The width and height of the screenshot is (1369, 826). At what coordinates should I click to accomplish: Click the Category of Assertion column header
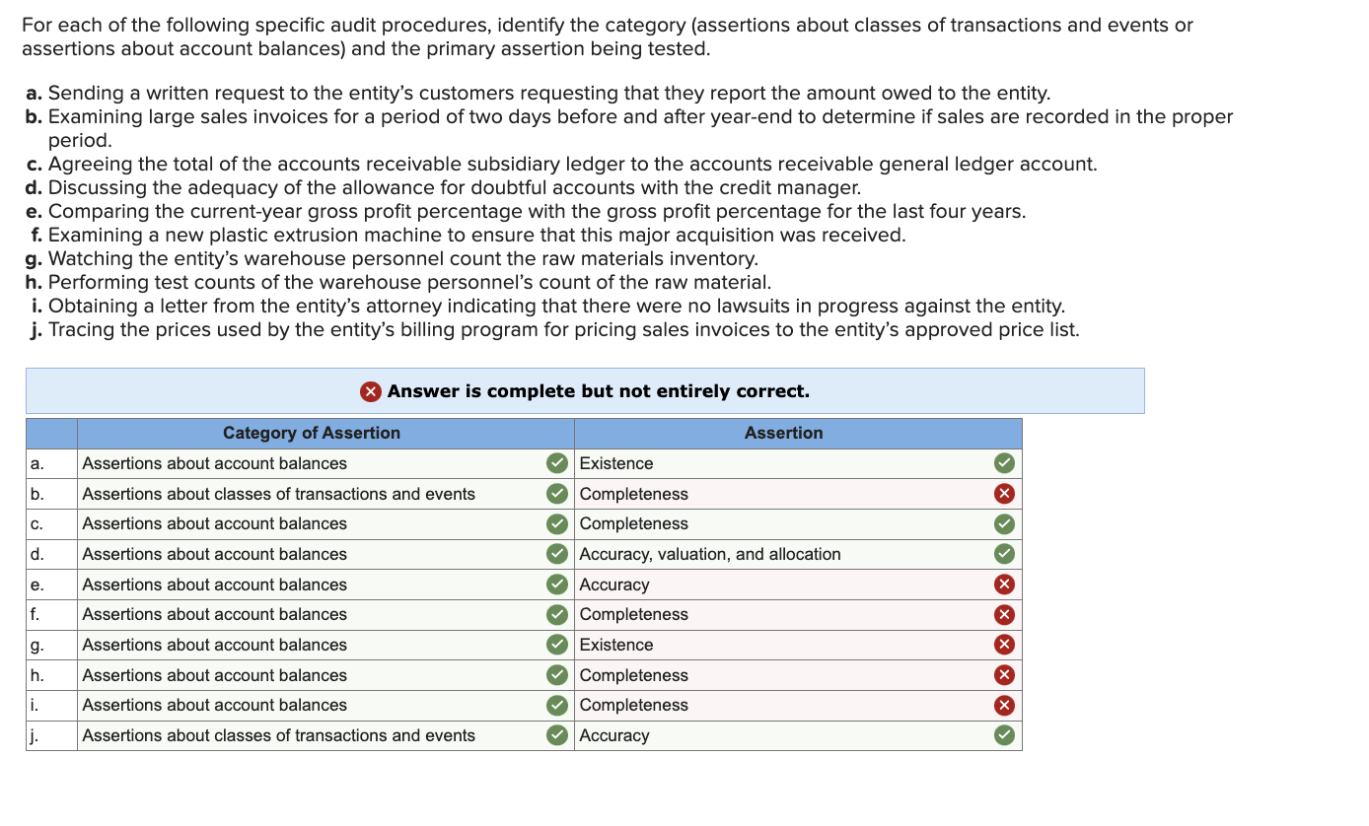312,433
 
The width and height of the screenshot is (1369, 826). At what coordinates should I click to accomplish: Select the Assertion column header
783,433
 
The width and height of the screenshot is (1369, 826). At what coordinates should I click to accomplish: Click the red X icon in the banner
370,391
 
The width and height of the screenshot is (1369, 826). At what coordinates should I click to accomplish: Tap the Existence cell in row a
616,463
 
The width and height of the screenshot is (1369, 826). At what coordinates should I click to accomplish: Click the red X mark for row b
1004,494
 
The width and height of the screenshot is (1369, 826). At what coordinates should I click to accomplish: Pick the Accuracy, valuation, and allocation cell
710,554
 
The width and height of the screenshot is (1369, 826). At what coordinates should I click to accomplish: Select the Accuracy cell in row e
614,585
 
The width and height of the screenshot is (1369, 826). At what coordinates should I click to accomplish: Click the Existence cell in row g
616,645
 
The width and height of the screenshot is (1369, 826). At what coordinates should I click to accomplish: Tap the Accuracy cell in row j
614,735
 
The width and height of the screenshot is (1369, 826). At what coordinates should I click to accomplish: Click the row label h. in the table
37,675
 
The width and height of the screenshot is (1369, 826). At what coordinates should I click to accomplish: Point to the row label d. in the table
37,554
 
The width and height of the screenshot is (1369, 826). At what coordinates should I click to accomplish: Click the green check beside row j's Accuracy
1004,735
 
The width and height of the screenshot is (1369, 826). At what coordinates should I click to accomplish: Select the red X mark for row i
1004,705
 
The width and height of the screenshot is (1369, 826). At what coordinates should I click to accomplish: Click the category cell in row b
279,494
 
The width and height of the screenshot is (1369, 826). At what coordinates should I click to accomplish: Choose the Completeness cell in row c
634,523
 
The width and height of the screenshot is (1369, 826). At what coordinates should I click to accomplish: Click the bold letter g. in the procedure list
35,259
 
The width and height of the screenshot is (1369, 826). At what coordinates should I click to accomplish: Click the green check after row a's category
557,463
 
